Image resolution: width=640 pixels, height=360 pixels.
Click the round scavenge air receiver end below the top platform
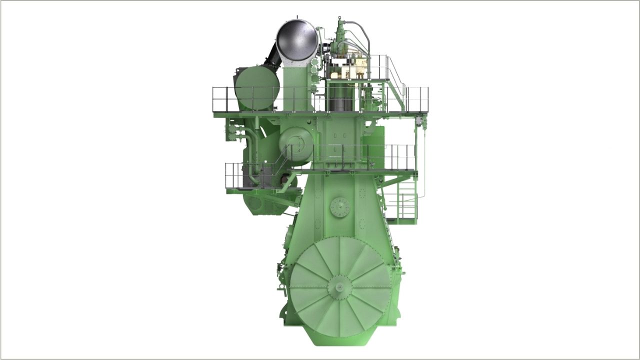click(x=296, y=144)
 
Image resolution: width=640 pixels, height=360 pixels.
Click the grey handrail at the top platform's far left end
click(x=220, y=98)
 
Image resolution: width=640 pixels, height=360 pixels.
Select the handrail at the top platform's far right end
click(x=420, y=98)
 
